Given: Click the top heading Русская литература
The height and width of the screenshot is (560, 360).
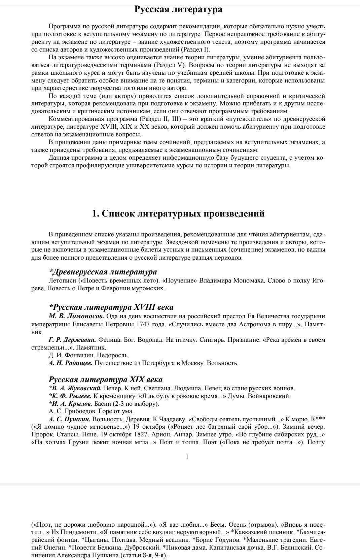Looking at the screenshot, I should point(178,9).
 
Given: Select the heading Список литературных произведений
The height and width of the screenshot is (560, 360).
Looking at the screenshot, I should point(178,213).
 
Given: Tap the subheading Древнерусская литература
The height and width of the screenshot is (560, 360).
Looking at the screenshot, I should point(103,272).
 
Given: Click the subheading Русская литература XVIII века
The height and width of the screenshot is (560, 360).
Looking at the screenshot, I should point(111,307).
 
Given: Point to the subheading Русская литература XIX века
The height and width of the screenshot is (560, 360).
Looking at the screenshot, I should point(106,380).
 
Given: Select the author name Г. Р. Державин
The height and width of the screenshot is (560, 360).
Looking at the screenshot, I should point(72,340).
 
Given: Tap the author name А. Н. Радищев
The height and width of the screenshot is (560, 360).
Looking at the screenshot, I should point(71,363).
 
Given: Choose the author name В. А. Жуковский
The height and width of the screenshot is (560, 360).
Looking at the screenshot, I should point(75,388).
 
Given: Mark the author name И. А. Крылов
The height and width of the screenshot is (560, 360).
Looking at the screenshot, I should point(70,403).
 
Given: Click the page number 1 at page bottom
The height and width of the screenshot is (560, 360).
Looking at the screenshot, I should point(187,457).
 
